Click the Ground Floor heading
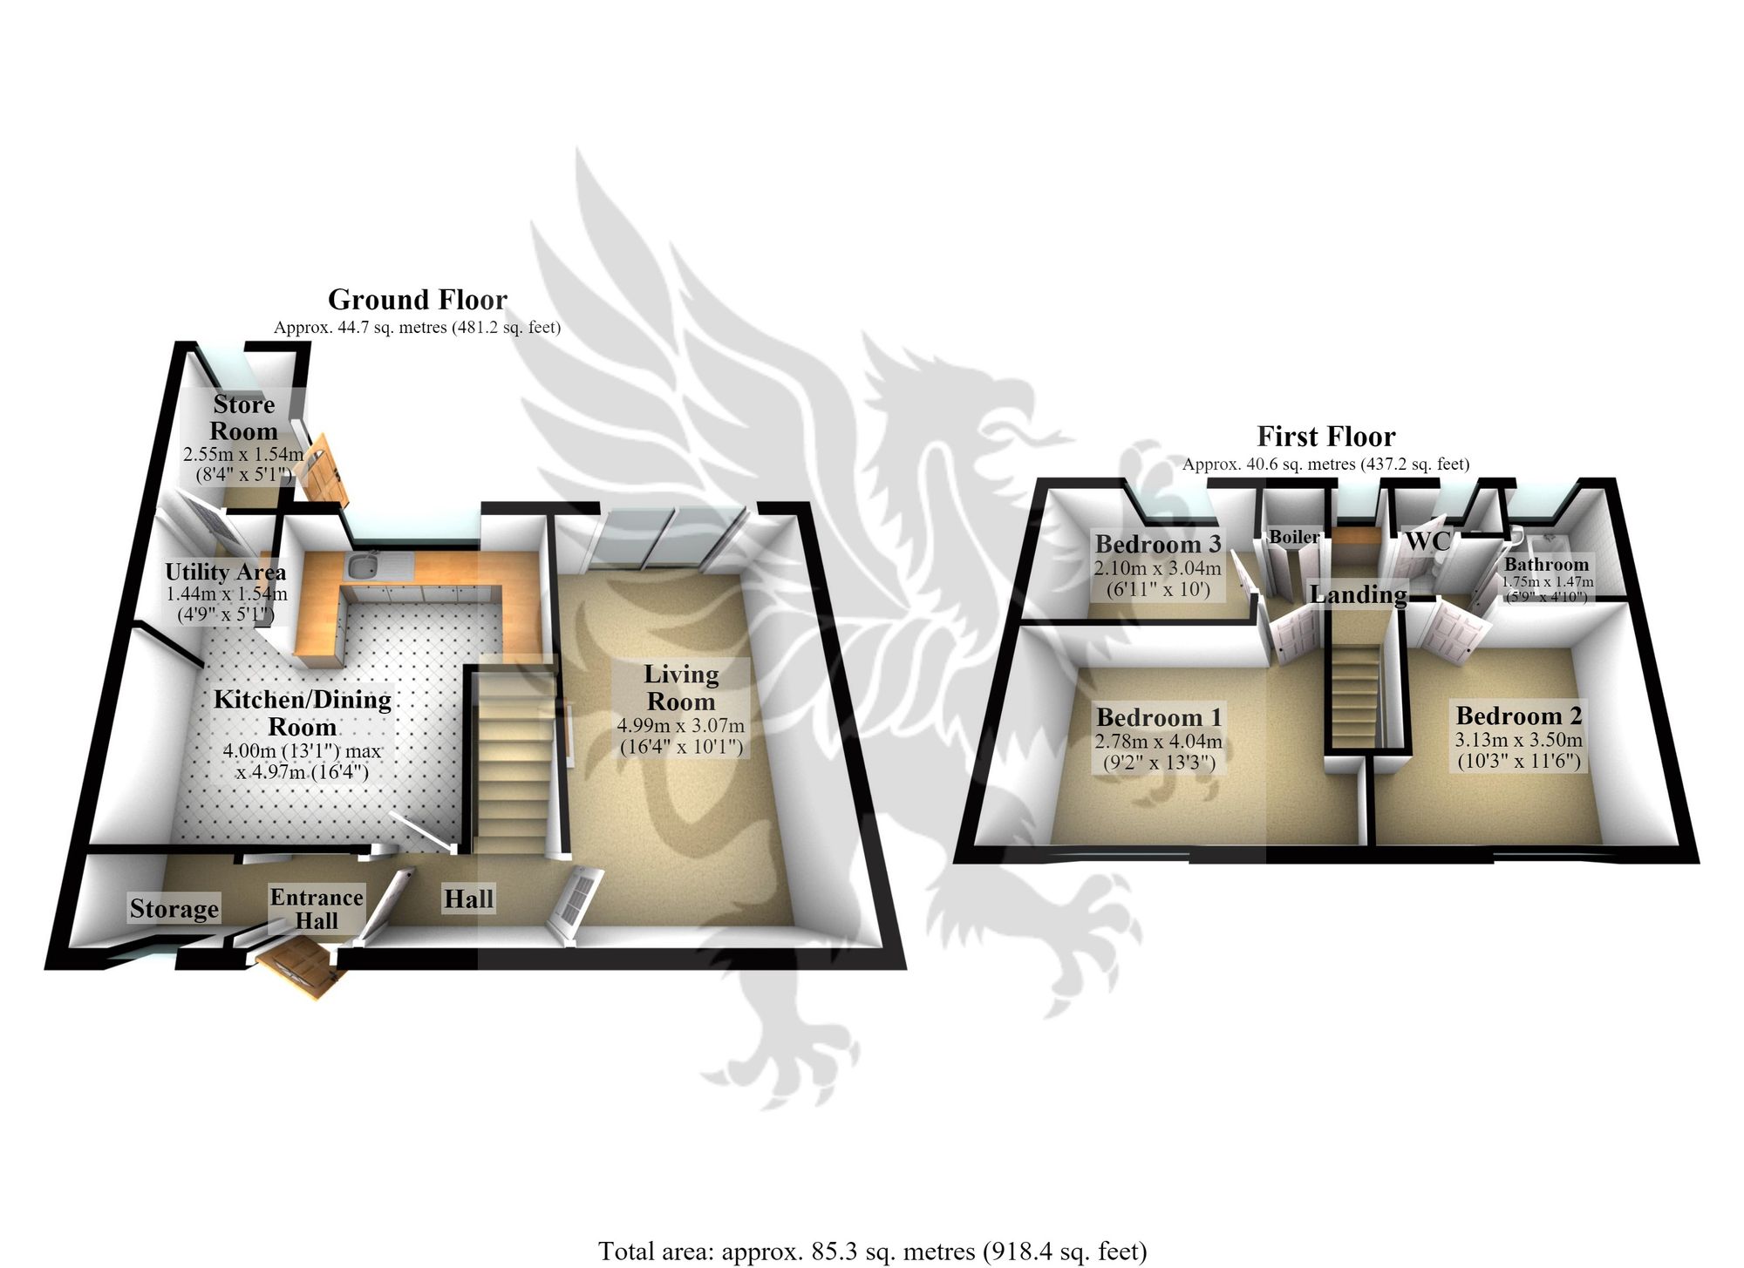(x=417, y=300)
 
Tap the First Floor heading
(x=1326, y=436)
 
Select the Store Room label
(x=244, y=417)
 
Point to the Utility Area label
(x=226, y=572)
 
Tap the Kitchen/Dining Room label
(x=303, y=713)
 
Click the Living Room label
(x=681, y=688)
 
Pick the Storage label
(x=174, y=909)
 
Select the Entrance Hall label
(x=317, y=909)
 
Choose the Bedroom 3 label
(x=1158, y=545)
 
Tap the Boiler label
(x=1295, y=537)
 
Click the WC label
(x=1427, y=541)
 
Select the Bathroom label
(x=1547, y=564)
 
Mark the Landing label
(x=1359, y=594)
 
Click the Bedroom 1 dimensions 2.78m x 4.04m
(x=1159, y=742)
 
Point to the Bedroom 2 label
(x=1519, y=715)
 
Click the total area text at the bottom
(x=872, y=1251)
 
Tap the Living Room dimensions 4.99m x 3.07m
(x=681, y=725)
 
